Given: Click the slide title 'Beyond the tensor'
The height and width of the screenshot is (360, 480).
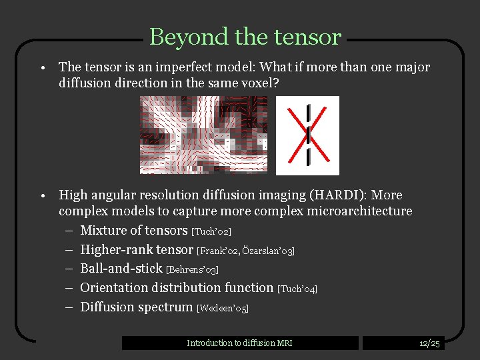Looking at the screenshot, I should pyautogui.click(x=245, y=37).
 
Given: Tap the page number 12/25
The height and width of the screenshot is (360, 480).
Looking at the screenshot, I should pyautogui.click(x=429, y=343).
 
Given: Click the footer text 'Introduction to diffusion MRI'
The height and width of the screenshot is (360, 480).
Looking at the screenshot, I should pyautogui.click(x=239, y=343).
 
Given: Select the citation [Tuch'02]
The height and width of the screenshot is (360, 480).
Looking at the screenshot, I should pyautogui.click(x=211, y=231).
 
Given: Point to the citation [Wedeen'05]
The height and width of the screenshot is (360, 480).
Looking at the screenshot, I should pyautogui.click(x=222, y=308).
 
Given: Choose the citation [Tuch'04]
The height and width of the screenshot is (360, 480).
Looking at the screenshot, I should pyautogui.click(x=297, y=289).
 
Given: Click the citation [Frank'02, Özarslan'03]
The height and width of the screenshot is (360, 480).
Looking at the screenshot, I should pyautogui.click(x=245, y=251).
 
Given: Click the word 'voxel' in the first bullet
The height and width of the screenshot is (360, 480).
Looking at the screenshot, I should pyautogui.click(x=257, y=83).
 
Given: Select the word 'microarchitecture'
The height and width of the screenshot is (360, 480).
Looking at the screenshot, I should pyautogui.click(x=359, y=211).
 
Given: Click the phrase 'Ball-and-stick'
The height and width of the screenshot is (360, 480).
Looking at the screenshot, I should pyautogui.click(x=121, y=269).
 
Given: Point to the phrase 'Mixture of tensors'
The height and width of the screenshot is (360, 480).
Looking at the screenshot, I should pyautogui.click(x=134, y=231).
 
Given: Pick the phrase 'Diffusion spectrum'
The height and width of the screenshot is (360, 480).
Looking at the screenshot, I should pyautogui.click(x=137, y=307).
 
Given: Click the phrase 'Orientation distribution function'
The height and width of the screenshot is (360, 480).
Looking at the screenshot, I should pyautogui.click(x=177, y=288).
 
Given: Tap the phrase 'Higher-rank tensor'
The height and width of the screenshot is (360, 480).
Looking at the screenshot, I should pyautogui.click(x=137, y=250).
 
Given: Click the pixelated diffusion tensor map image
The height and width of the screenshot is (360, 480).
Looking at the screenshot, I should pyautogui.click(x=203, y=135).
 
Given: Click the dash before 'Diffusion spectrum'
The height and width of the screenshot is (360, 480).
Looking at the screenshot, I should pyautogui.click(x=69, y=307).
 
